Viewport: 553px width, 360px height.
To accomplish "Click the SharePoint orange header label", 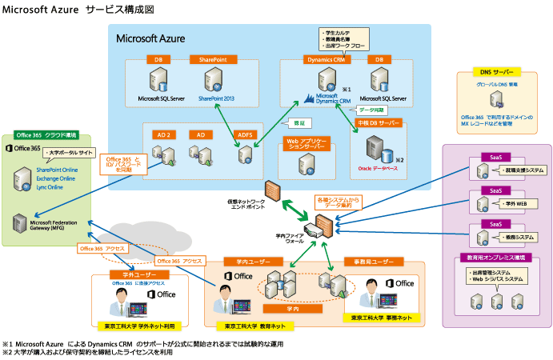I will (213, 59).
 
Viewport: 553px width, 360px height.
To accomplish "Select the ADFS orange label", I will (246, 135).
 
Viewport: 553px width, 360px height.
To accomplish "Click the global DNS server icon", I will (497, 100).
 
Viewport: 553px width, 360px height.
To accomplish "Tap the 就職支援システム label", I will (525, 170).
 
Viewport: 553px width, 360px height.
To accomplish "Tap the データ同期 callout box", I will (371, 109).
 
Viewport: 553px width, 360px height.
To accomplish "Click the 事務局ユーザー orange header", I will (369, 262).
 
